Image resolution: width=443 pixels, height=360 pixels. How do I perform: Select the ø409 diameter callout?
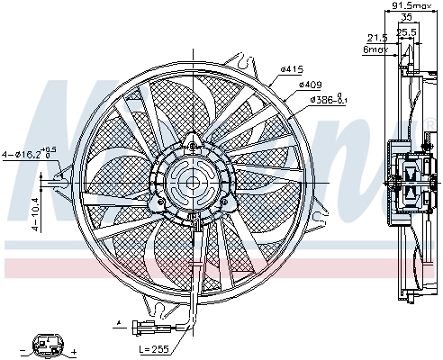point(310,84)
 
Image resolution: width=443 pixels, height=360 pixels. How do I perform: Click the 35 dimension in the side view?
point(407,17)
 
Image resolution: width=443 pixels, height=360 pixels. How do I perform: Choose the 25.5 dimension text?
point(407,31)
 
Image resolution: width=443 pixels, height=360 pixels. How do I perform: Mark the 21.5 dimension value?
point(376,37)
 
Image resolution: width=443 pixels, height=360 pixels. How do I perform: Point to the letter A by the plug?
point(117,321)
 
